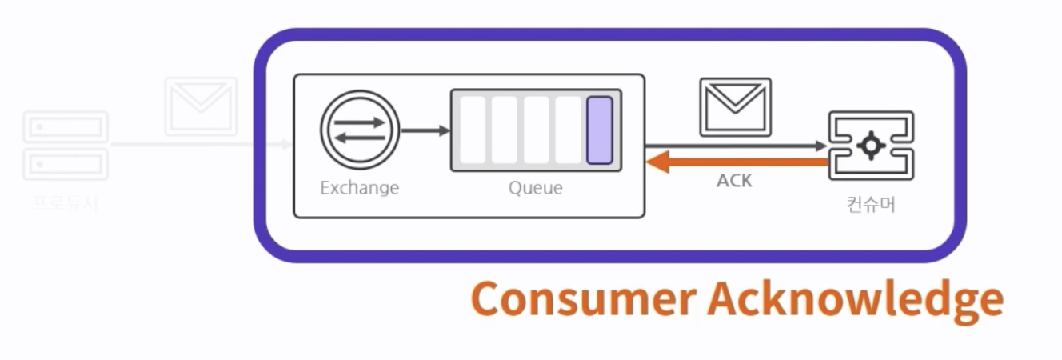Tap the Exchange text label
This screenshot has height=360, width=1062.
click(359, 189)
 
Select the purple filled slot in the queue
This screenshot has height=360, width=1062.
click(599, 130)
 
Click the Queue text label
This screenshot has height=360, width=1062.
click(535, 189)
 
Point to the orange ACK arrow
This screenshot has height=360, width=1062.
click(736, 162)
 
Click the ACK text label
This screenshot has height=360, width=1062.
click(734, 181)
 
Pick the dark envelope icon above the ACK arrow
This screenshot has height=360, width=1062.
click(735, 107)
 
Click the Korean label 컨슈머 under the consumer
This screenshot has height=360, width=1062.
click(871, 205)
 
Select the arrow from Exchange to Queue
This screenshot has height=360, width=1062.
click(425, 130)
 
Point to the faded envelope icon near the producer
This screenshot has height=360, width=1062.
click(201, 106)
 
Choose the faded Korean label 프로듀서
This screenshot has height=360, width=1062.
click(66, 202)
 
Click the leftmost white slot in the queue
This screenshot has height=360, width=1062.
click(473, 130)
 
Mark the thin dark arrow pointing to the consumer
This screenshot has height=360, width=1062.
click(736, 146)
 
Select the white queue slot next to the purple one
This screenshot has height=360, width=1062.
click(568, 130)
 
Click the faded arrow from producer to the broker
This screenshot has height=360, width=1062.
click(200, 145)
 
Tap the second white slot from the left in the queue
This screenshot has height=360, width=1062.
click(504, 130)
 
